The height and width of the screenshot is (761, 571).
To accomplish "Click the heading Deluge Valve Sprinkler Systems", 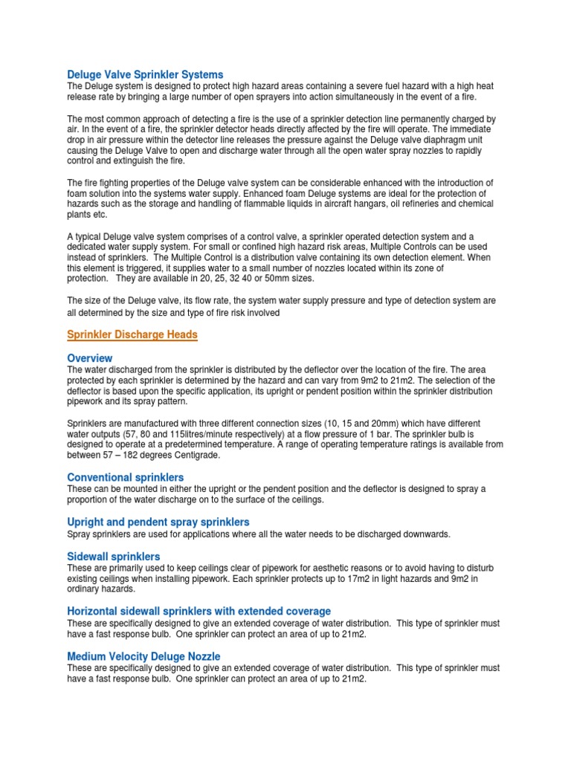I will click(x=145, y=75).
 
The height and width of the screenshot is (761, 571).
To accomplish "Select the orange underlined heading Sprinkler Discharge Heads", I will click(x=132, y=335).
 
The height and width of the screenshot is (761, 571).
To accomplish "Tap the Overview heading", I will click(x=90, y=358).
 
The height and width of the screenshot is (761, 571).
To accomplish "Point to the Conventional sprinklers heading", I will click(x=126, y=477).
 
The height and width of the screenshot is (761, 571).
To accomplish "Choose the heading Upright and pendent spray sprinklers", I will click(x=158, y=522).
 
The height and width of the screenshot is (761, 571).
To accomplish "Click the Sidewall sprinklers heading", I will click(x=114, y=557).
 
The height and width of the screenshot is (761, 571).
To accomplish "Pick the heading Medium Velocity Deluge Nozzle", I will click(x=143, y=657).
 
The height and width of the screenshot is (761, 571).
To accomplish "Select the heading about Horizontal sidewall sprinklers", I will click(x=199, y=612).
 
